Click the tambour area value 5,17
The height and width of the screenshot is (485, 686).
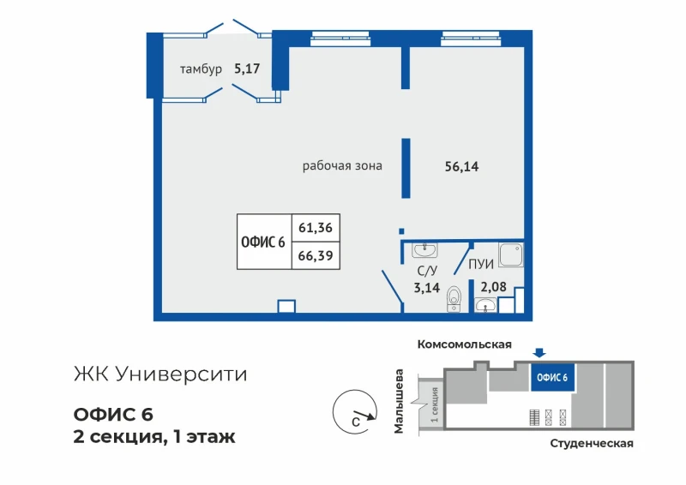(x=247, y=69)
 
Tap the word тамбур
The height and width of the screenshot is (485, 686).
(x=201, y=69)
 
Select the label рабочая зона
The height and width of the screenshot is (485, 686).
(x=342, y=165)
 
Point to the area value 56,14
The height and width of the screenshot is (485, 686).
(x=461, y=166)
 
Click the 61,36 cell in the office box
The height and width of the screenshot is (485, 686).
(x=316, y=227)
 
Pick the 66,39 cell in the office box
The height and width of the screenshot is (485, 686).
(x=316, y=255)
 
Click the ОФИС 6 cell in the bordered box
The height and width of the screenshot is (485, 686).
(x=263, y=242)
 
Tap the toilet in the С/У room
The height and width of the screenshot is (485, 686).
(x=454, y=299)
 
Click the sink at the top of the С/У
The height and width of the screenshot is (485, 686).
(x=424, y=250)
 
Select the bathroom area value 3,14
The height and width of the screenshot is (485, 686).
(x=426, y=288)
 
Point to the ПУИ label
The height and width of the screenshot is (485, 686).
(x=481, y=264)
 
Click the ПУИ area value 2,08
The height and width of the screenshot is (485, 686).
(x=494, y=287)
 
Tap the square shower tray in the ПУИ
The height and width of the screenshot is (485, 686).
(x=511, y=255)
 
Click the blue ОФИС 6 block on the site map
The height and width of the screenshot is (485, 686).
(x=552, y=377)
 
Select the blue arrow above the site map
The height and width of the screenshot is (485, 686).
(x=539, y=352)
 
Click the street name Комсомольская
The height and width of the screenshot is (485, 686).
(x=464, y=344)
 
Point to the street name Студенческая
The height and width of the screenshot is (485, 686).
(x=592, y=444)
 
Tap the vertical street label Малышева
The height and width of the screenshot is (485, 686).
(x=399, y=402)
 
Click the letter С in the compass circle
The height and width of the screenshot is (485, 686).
(x=356, y=422)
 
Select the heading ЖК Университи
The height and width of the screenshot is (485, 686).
(x=160, y=374)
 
